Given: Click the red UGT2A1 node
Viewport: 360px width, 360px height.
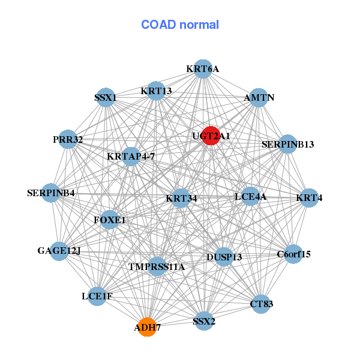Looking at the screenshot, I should point(210,136).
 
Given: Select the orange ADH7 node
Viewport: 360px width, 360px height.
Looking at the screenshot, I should point(147,327).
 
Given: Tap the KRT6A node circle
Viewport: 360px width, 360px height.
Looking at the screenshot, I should point(203,69).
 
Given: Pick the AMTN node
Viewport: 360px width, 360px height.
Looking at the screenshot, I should point(259,97).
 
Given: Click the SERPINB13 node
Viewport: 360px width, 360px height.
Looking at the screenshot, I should point(287,144).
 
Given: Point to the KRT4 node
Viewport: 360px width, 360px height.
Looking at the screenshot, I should point(308,198).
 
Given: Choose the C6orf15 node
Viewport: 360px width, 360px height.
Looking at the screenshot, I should point(293,254).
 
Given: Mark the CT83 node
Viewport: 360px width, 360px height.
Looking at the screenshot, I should point(261,304).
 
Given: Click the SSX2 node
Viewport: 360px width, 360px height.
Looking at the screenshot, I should point(204,322).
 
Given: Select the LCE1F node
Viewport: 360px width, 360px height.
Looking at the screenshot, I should point(97,296).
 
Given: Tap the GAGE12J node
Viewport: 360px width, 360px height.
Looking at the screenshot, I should point(59,251).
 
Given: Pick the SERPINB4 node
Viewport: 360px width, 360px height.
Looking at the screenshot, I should point(52,193).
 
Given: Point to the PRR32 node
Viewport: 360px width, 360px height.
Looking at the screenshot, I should point(68,140).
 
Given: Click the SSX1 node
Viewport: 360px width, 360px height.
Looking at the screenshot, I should point(106,97).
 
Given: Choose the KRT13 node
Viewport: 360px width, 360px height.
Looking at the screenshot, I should point(156,91).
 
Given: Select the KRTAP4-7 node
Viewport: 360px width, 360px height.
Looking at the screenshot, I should point(131,157).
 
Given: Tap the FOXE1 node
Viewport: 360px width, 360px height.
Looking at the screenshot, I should point(110,220).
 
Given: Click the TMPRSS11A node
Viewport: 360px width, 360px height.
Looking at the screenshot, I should point(157,266).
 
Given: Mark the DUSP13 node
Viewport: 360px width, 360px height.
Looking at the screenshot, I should point(224,257).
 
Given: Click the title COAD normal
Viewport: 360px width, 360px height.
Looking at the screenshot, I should point(180,25).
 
